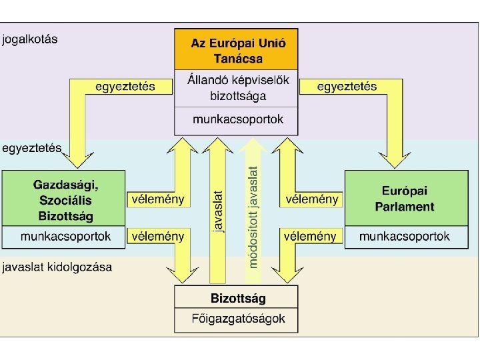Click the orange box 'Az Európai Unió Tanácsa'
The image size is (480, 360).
click(x=236, y=50)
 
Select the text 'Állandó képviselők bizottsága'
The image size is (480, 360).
click(x=236, y=87)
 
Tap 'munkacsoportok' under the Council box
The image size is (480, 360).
click(x=236, y=120)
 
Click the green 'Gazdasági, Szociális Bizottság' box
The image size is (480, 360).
click(x=63, y=199)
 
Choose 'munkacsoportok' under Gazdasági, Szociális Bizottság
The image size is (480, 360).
click(x=63, y=236)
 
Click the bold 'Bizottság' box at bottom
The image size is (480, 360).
click(x=236, y=298)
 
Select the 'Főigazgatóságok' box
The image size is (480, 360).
click(x=236, y=319)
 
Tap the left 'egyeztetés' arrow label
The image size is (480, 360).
click(x=125, y=87)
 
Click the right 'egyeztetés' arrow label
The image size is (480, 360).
click(x=347, y=87)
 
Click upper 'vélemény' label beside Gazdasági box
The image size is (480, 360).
click(x=158, y=199)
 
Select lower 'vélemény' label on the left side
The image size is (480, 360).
click(x=158, y=236)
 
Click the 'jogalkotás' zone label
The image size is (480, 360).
click(x=30, y=39)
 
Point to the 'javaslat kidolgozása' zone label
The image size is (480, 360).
click(x=57, y=267)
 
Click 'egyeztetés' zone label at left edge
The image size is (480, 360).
click(x=32, y=147)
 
